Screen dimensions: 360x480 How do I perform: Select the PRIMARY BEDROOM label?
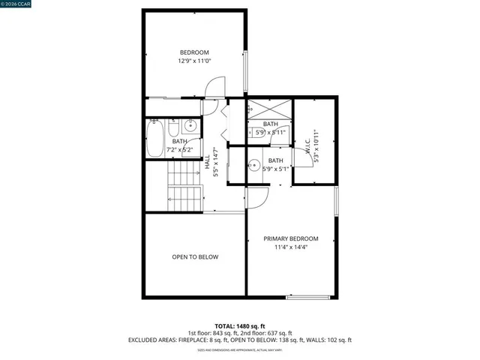pos(290,238)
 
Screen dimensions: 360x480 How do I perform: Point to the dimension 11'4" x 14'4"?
pos(290,247)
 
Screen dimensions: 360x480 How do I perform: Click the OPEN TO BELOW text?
pos(195,257)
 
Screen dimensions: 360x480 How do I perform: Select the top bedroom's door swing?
pos(214,87)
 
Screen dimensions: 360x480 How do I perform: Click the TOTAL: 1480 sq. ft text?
pos(239,325)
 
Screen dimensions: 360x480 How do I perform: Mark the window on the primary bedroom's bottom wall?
pos(307,298)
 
